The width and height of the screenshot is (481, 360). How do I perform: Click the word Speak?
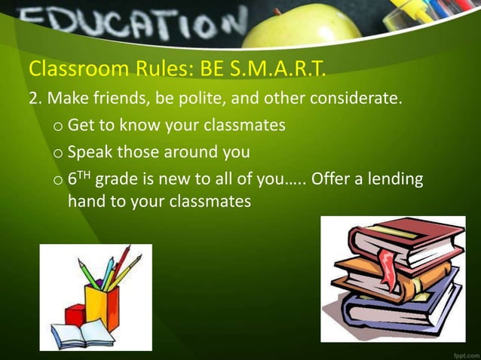pyautogui.click(x=90, y=152)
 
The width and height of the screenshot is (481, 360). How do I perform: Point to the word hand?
pyautogui.click(x=86, y=202)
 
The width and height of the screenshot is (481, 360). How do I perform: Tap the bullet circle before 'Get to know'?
pyautogui.click(x=58, y=127)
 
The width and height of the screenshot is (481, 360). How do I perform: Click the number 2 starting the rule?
pyautogui.click(x=33, y=99)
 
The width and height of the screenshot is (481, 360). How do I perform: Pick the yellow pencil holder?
pyautogui.click(x=102, y=305)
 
